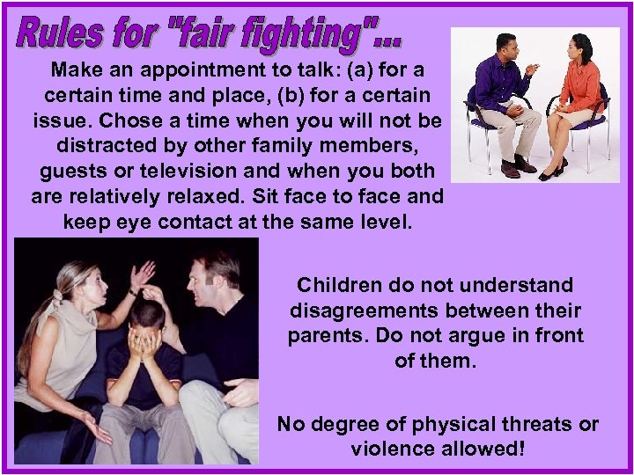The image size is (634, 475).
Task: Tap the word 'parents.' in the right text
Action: (x=328, y=338)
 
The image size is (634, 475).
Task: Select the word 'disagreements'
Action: (x=366, y=311)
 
